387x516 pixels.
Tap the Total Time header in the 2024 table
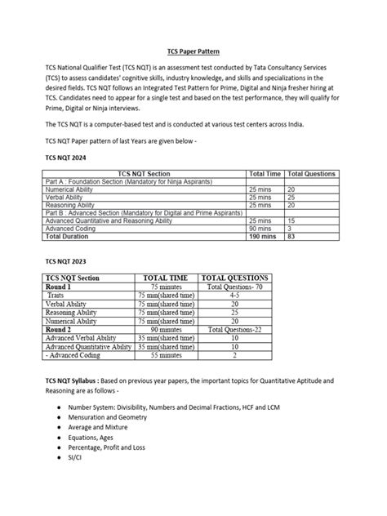coord(265,174)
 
